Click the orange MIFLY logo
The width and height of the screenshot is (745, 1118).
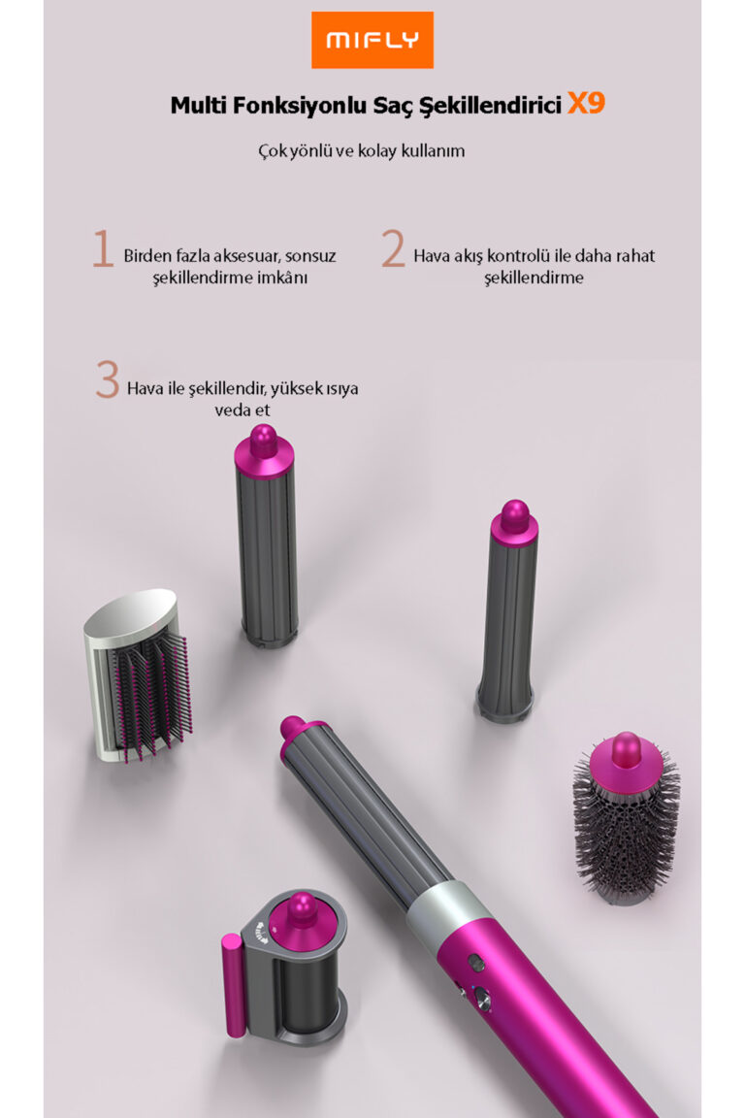point(372,40)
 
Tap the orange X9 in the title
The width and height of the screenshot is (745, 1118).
point(586,104)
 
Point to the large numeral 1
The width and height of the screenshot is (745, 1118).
point(104,248)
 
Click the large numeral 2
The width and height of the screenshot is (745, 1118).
point(393,248)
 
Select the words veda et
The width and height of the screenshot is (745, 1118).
point(243,410)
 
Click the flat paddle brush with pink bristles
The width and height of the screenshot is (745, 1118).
point(139,674)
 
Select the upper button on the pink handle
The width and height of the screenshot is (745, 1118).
point(475,963)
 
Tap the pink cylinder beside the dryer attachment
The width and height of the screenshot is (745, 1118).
point(233,985)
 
